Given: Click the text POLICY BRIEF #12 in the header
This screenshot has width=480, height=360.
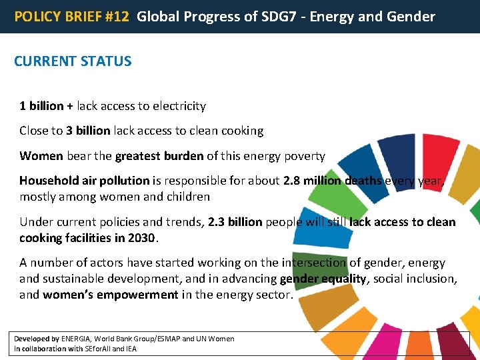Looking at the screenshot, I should pyautogui.click(x=72, y=17).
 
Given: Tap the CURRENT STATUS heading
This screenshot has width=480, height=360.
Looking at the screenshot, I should pyautogui.click(x=73, y=61).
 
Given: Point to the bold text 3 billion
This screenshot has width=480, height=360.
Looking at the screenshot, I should pyautogui.click(x=88, y=131).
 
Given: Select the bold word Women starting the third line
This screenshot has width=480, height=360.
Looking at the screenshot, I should pyautogui.click(x=41, y=156).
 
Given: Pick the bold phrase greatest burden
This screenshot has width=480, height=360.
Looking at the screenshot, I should pyautogui.click(x=159, y=156).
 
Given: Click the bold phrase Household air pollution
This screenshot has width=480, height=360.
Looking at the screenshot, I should pyautogui.click(x=84, y=181).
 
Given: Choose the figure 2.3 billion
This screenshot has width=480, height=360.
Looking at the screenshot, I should pyautogui.click(x=235, y=222).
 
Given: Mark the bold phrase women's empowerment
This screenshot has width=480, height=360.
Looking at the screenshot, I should pyautogui.click(x=111, y=295).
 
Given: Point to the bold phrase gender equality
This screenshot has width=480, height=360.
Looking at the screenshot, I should pyautogui.click(x=323, y=279).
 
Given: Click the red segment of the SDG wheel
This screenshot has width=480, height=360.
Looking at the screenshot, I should pyautogui.click(x=441, y=160).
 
